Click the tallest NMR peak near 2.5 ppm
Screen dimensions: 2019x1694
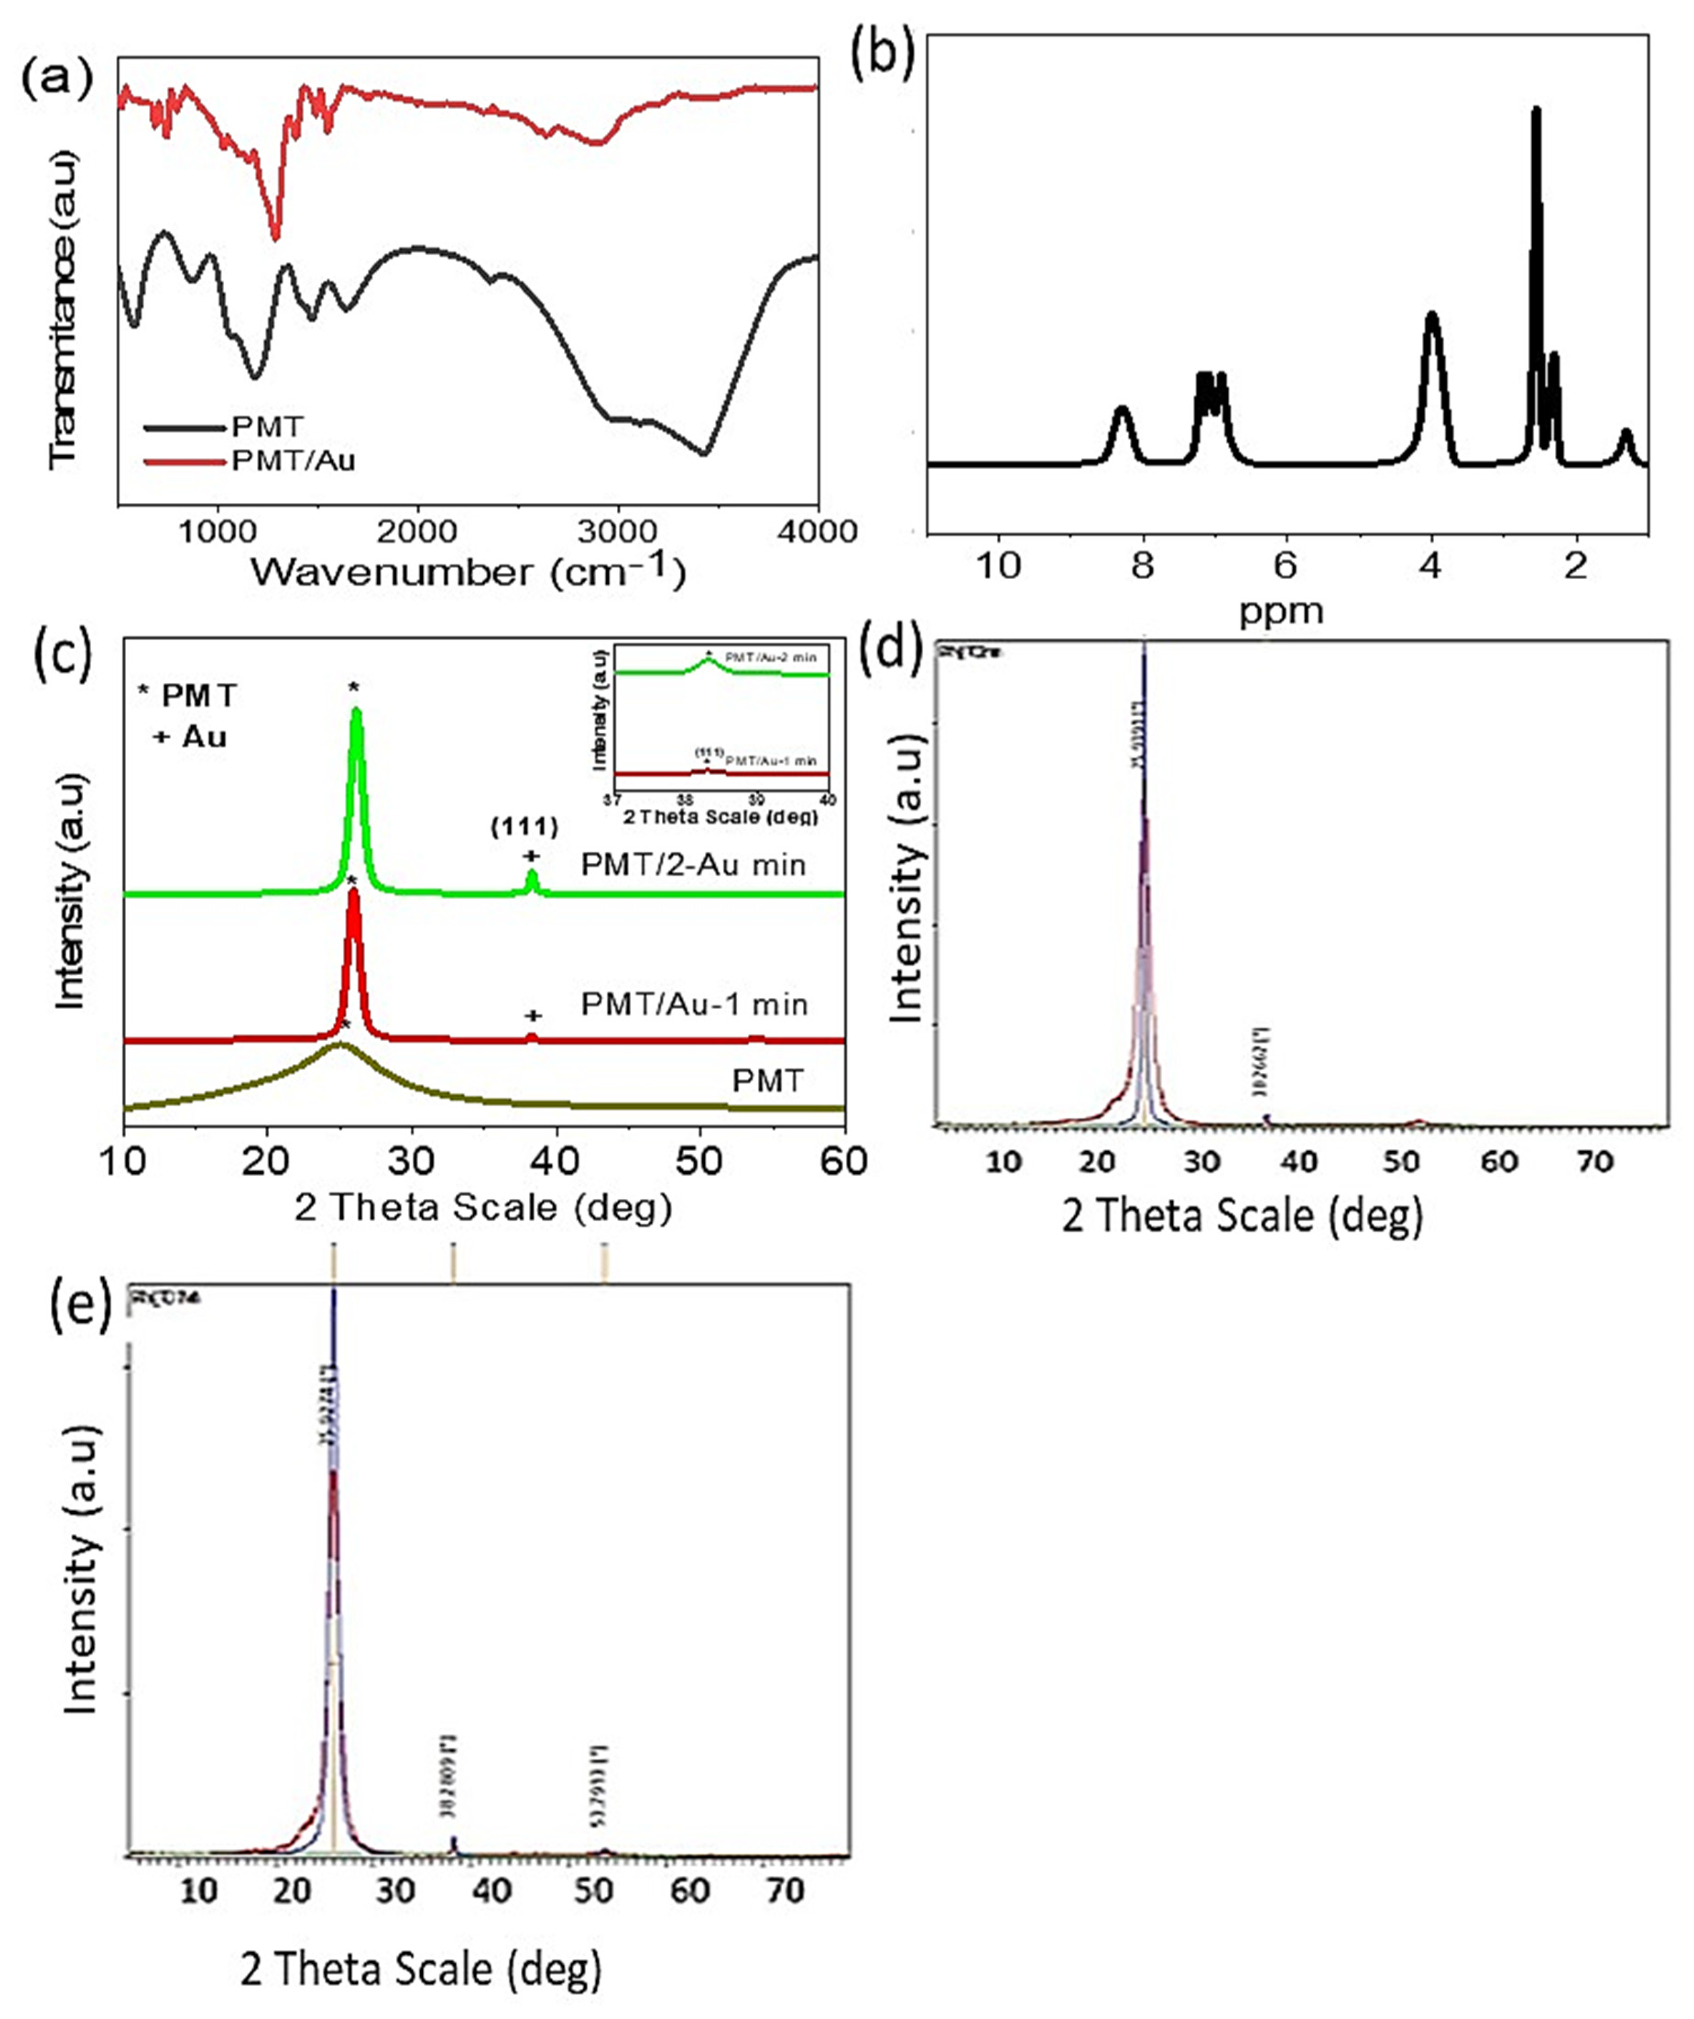[1536, 115]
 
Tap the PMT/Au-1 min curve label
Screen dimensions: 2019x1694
[694, 1005]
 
